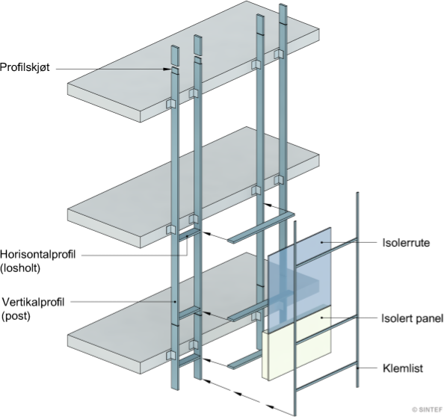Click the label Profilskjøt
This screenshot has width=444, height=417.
tap(25, 67)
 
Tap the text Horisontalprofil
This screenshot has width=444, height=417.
tap(38, 254)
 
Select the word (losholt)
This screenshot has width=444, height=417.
tap(20, 268)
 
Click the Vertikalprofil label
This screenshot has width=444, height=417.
tap(34, 302)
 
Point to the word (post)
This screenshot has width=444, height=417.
tap(16, 315)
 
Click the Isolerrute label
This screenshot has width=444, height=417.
tap(406, 243)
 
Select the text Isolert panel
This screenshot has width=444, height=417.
tap(413, 318)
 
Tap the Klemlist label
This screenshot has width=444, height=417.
tap(403, 368)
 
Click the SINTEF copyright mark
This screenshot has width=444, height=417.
tap(427, 410)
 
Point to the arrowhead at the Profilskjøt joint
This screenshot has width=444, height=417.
tap(167, 69)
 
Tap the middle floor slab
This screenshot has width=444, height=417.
tap(194, 187)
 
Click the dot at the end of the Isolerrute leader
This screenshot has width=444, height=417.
tap(321, 242)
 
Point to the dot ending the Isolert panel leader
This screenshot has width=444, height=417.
tap(321, 318)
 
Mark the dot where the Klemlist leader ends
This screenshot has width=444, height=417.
tap(357, 368)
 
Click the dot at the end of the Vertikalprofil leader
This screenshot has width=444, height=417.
tap(175, 302)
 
